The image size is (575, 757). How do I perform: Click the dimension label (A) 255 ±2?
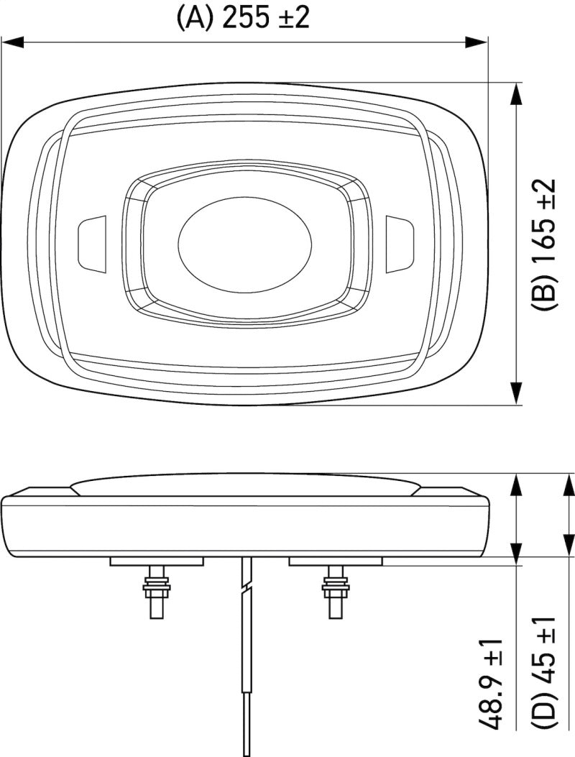pos(243,17)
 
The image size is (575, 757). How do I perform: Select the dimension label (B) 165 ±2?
pos(544,244)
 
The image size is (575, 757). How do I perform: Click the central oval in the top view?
pos(244,247)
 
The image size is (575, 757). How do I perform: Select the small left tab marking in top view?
pos(91,244)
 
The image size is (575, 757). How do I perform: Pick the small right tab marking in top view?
pos(399,244)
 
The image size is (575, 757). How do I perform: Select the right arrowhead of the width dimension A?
pos(477,42)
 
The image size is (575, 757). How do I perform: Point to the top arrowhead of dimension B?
pos(516,93)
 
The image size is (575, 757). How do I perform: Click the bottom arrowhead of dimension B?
pos(516,394)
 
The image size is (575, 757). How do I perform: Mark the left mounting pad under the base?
pos(157,561)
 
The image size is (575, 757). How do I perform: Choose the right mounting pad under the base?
pos(335,561)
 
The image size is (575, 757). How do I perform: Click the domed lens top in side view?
pos(244,483)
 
